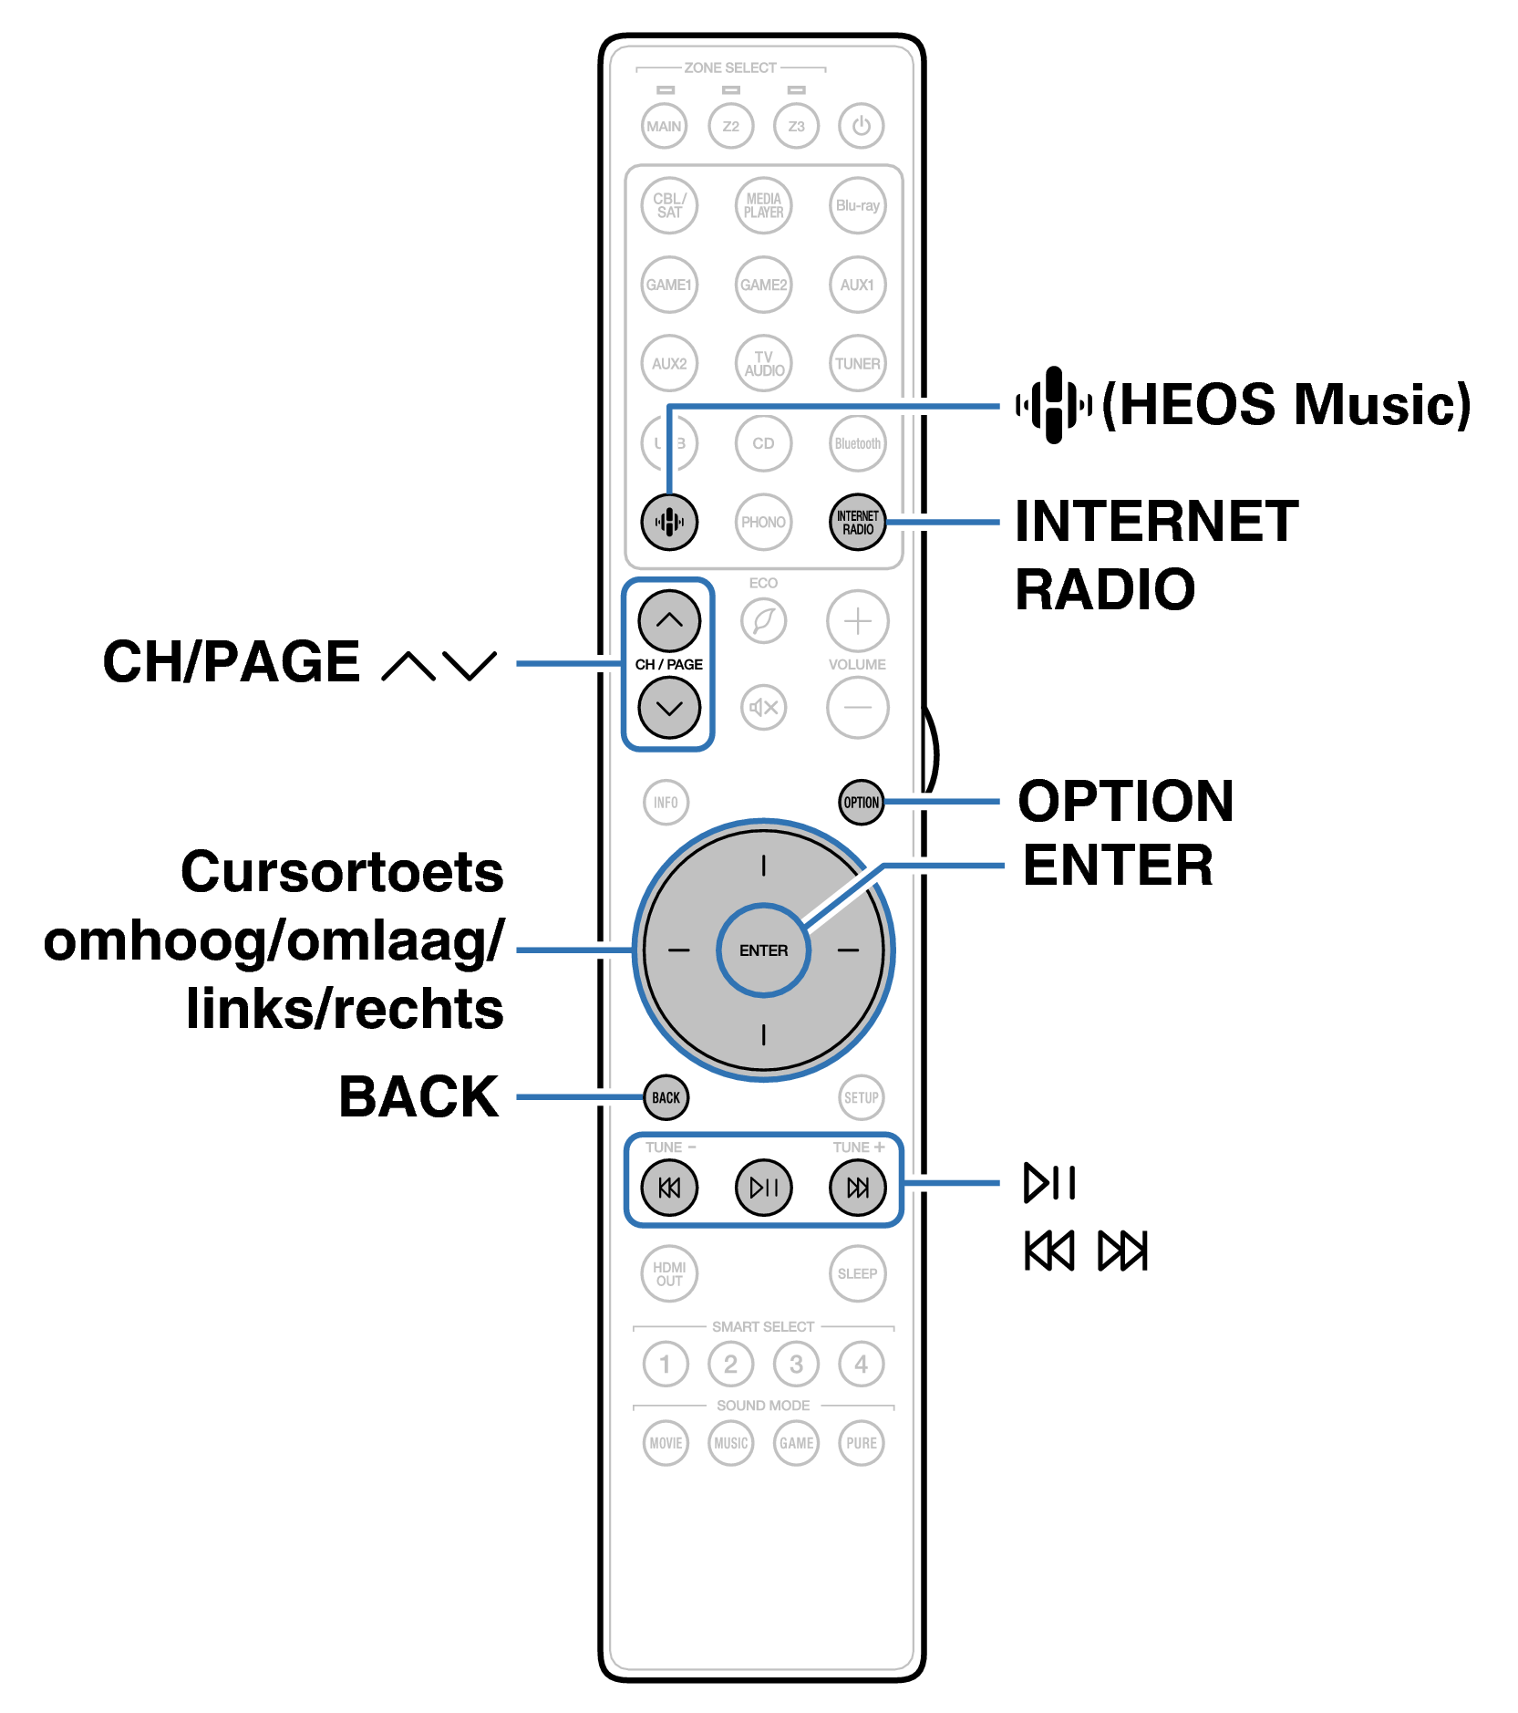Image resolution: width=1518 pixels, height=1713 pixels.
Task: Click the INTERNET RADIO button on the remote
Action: click(x=857, y=523)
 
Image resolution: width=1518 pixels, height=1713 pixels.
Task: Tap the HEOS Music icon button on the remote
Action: click(x=668, y=523)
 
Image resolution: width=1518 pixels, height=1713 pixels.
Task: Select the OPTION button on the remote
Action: click(x=861, y=803)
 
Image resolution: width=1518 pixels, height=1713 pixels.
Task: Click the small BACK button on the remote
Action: click(x=666, y=1097)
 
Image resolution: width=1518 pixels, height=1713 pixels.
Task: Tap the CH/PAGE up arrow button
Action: click(x=668, y=620)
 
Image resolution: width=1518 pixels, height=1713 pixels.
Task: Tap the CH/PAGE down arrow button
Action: click(x=668, y=708)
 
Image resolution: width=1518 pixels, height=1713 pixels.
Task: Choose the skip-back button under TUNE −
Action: click(x=668, y=1188)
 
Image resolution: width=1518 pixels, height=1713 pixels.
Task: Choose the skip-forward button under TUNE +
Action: click(x=857, y=1188)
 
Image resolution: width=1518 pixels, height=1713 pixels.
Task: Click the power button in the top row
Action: click(x=861, y=126)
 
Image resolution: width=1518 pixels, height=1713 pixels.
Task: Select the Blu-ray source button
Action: click(x=857, y=206)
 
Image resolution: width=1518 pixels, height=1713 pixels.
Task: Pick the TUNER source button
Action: click(x=857, y=364)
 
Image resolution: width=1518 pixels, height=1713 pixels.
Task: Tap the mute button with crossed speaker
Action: click(x=763, y=708)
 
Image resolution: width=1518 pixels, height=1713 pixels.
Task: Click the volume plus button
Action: click(x=857, y=621)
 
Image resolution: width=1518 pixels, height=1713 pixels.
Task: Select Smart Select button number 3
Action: click(x=796, y=1365)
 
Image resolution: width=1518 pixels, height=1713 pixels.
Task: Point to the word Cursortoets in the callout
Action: click(x=342, y=872)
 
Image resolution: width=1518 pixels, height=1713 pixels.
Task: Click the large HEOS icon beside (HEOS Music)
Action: click(x=1054, y=405)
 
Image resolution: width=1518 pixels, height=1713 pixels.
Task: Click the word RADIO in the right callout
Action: click(x=1105, y=590)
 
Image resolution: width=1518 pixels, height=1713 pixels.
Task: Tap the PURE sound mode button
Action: click(x=861, y=1443)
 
